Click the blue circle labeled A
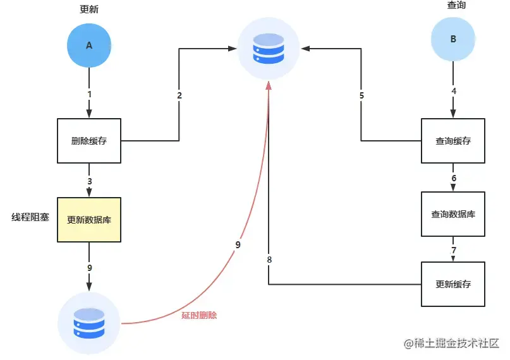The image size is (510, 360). point(89,45)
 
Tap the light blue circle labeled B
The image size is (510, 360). point(453,39)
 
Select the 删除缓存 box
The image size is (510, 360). point(89,141)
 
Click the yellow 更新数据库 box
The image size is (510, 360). point(89,220)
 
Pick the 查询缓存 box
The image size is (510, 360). point(453,141)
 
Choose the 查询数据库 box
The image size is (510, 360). point(453,214)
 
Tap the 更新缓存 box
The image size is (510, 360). point(453,284)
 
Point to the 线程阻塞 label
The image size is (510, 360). point(30,217)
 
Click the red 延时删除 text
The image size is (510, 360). point(199,315)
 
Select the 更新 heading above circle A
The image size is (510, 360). point(89,9)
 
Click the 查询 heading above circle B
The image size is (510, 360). point(456,5)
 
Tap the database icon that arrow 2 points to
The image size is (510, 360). point(269,49)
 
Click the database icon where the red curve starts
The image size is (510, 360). point(89,323)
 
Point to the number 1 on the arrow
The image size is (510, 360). point(90,94)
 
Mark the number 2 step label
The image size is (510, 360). point(179,95)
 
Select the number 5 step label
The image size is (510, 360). point(361,95)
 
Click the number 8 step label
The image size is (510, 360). point(269,260)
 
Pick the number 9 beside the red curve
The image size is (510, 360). point(238,244)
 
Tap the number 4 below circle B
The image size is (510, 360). point(454,91)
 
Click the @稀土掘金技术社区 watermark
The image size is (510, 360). point(451,343)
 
